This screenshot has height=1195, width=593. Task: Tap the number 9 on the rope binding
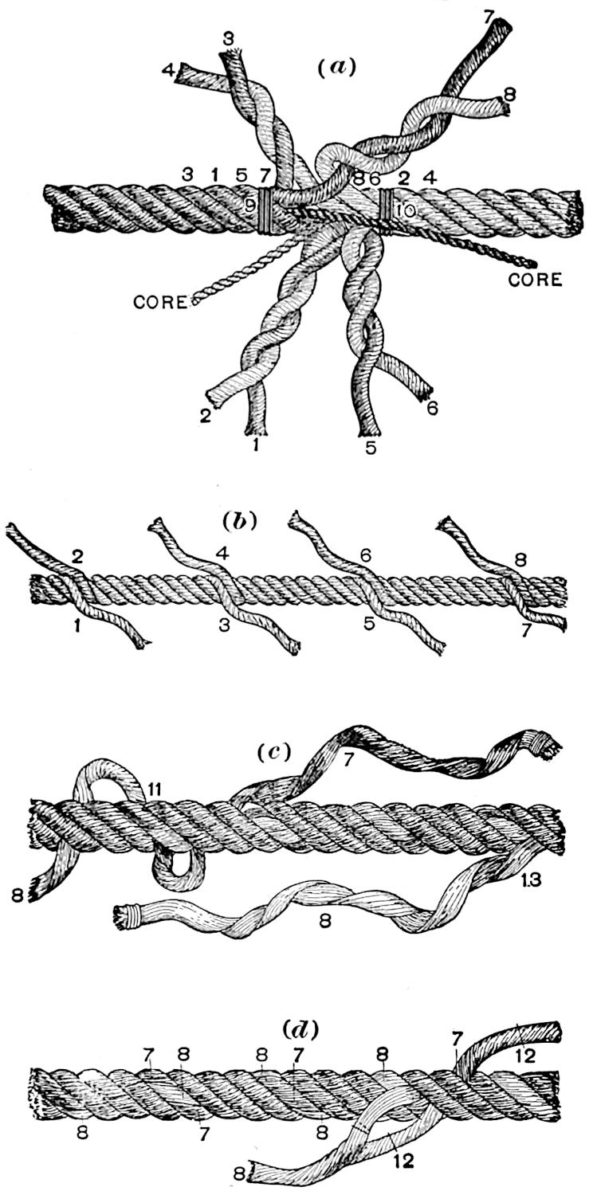coord(250,207)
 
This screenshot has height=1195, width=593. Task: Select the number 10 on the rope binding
coord(405,210)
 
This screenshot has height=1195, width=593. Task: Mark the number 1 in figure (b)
coord(78,629)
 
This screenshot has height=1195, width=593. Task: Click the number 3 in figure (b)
coord(224,625)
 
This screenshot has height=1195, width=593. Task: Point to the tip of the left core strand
coord(195,303)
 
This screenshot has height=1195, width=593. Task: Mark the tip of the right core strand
coord(532,263)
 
